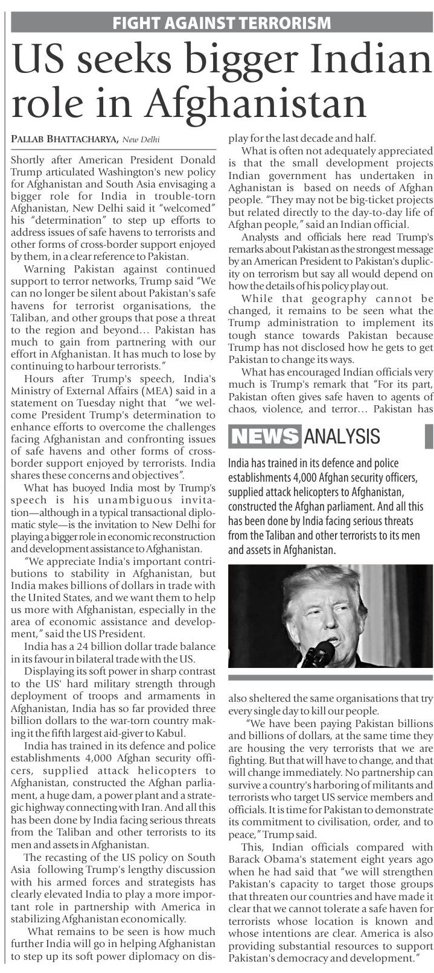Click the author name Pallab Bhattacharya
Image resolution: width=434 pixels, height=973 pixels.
point(64,140)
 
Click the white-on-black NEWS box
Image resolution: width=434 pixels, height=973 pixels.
point(265,435)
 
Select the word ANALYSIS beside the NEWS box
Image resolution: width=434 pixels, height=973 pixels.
point(342,436)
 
